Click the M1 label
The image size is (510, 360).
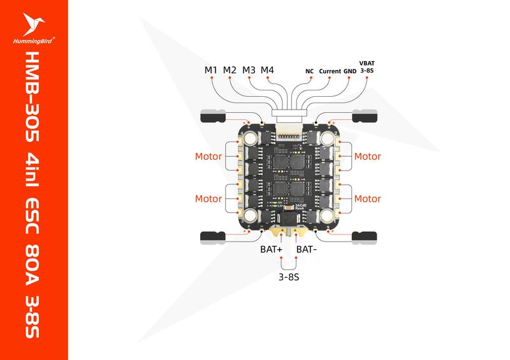tap(212, 69)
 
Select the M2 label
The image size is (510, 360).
tap(230, 69)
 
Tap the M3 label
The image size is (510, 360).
tap(249, 69)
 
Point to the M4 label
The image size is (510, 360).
tap(268, 69)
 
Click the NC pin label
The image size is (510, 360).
tap(309, 71)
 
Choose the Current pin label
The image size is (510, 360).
tap(330, 71)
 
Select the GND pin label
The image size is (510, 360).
tap(350, 71)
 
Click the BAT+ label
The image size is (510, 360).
tap(270, 249)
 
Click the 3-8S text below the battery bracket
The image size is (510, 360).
tap(288, 278)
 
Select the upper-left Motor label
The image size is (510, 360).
tap(208, 156)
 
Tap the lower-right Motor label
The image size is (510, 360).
tap(367, 199)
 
